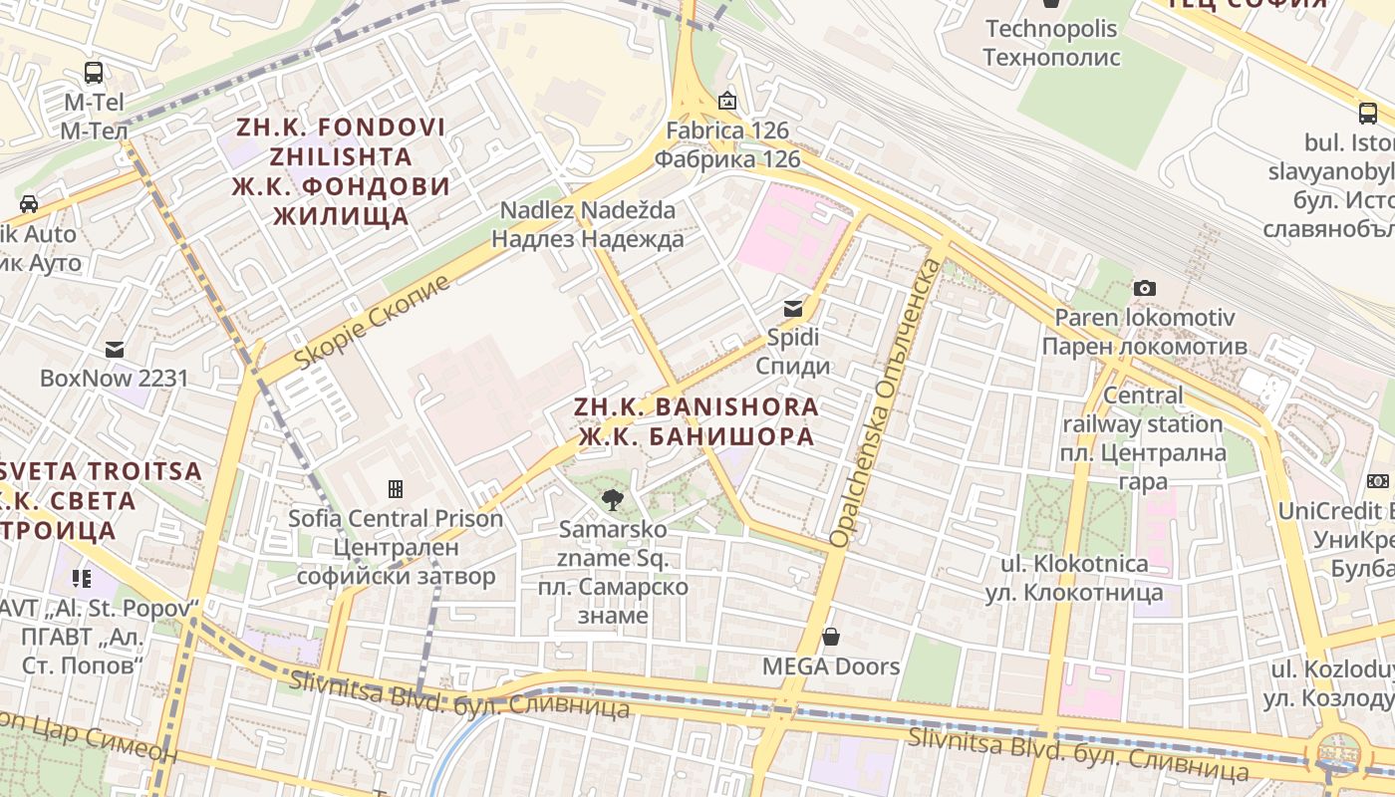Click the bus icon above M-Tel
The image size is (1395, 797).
(94, 73)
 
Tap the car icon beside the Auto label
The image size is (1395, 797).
(29, 204)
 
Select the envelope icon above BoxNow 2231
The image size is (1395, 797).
(115, 350)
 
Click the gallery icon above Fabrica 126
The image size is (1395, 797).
(727, 101)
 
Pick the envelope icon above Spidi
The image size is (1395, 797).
(793, 308)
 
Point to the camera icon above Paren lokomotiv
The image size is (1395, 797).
(1145, 289)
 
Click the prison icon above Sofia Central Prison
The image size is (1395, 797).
(396, 489)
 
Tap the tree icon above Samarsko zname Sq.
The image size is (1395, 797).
(613, 499)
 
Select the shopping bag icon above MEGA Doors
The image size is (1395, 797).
(831, 637)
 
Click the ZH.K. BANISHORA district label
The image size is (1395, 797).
(697, 421)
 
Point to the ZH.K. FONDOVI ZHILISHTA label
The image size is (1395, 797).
(341, 171)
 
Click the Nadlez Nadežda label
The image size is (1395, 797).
(588, 224)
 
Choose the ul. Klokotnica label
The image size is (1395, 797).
(1074, 578)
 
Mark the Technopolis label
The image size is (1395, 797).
(1051, 43)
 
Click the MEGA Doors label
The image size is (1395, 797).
(831, 666)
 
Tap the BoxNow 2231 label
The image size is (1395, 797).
(114, 379)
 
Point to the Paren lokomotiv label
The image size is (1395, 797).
(1144, 332)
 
